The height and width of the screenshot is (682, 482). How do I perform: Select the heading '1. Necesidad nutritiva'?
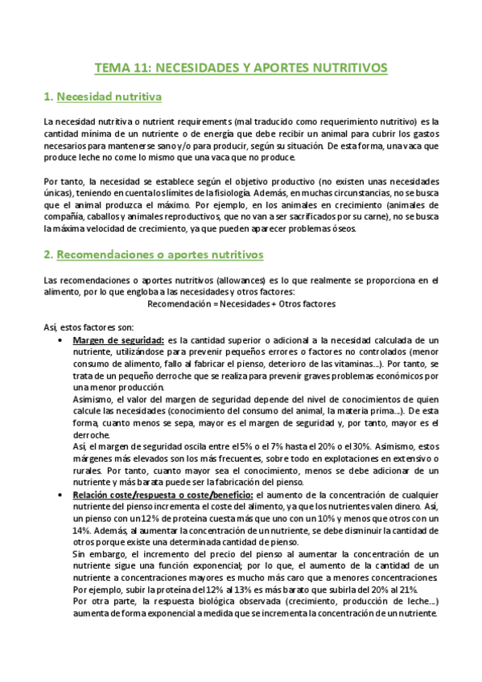click(102, 97)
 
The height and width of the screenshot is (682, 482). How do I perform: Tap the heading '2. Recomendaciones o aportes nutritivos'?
click(153, 255)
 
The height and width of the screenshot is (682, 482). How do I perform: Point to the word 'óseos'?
click(348, 228)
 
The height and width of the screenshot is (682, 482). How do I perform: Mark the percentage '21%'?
click(429, 589)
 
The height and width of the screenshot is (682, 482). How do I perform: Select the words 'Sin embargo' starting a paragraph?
click(96, 554)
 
